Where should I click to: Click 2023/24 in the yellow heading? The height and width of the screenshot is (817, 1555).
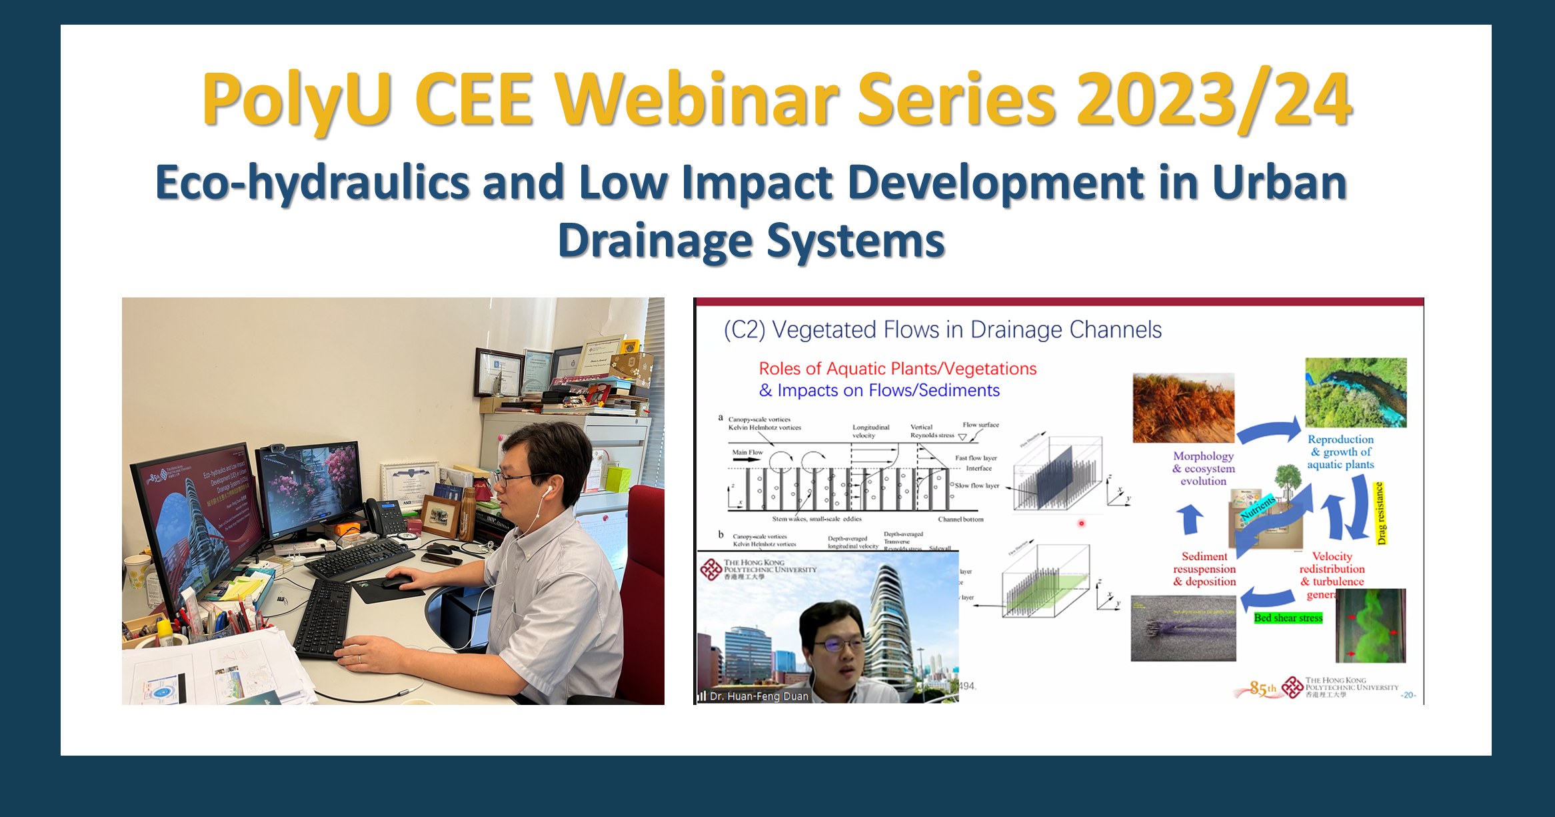point(1213,100)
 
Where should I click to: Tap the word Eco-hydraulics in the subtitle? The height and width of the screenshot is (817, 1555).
point(312,183)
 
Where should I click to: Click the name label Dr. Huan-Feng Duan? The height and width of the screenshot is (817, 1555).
point(759,696)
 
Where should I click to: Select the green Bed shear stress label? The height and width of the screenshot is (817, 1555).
point(1288,618)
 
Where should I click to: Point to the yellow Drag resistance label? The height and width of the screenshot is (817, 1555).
point(1380,513)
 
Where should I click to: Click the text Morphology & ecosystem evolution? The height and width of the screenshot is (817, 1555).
point(1203,468)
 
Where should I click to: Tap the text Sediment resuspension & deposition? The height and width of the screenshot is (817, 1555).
point(1204,569)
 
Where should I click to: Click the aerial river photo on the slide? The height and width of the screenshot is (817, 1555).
point(1355,393)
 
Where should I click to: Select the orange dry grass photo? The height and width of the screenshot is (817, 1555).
point(1183,407)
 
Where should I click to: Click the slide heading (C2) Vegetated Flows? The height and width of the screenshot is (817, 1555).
point(942,330)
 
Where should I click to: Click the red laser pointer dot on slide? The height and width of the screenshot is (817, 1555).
point(1081,524)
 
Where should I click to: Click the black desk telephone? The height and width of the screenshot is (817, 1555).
point(387,517)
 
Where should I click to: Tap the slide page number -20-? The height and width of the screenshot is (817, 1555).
point(1408,695)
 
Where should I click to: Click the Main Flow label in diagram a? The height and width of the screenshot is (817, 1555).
point(747,452)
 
